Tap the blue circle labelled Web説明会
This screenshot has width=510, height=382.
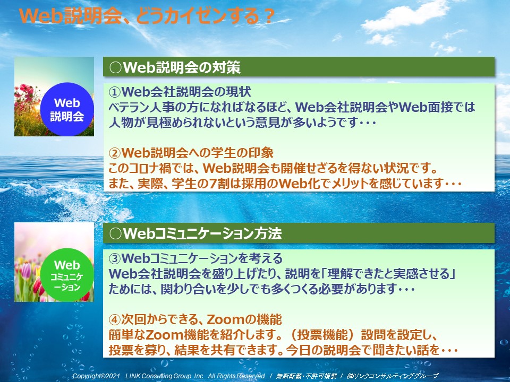coord(67,109)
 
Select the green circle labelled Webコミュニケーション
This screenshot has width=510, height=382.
coord(67,275)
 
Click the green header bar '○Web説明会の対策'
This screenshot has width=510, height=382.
coord(299,67)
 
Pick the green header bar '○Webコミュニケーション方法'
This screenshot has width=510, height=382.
coord(299,233)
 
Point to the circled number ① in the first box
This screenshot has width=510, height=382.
coord(115,92)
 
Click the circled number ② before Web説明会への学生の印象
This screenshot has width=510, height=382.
coord(115,153)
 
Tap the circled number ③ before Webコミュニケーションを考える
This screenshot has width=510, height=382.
coord(115,259)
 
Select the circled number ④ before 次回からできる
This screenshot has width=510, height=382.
coord(115,319)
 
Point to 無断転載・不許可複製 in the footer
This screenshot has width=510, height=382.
coord(306,376)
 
